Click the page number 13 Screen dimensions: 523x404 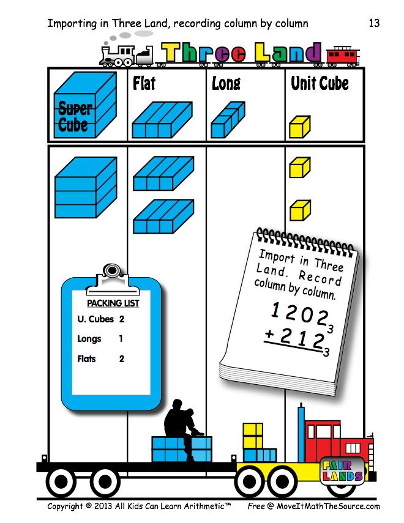374,23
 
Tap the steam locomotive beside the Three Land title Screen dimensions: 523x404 126,54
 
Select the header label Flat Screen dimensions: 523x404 144,83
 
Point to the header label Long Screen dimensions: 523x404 226,83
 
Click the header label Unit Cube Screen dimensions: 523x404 320,83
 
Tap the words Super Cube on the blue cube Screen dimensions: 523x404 74,118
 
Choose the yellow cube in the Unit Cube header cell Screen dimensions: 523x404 300,127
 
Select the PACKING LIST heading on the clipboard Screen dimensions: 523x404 113,303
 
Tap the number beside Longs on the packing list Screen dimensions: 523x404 121,338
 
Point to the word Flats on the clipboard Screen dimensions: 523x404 87,358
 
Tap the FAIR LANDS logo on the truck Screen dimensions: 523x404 343,469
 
